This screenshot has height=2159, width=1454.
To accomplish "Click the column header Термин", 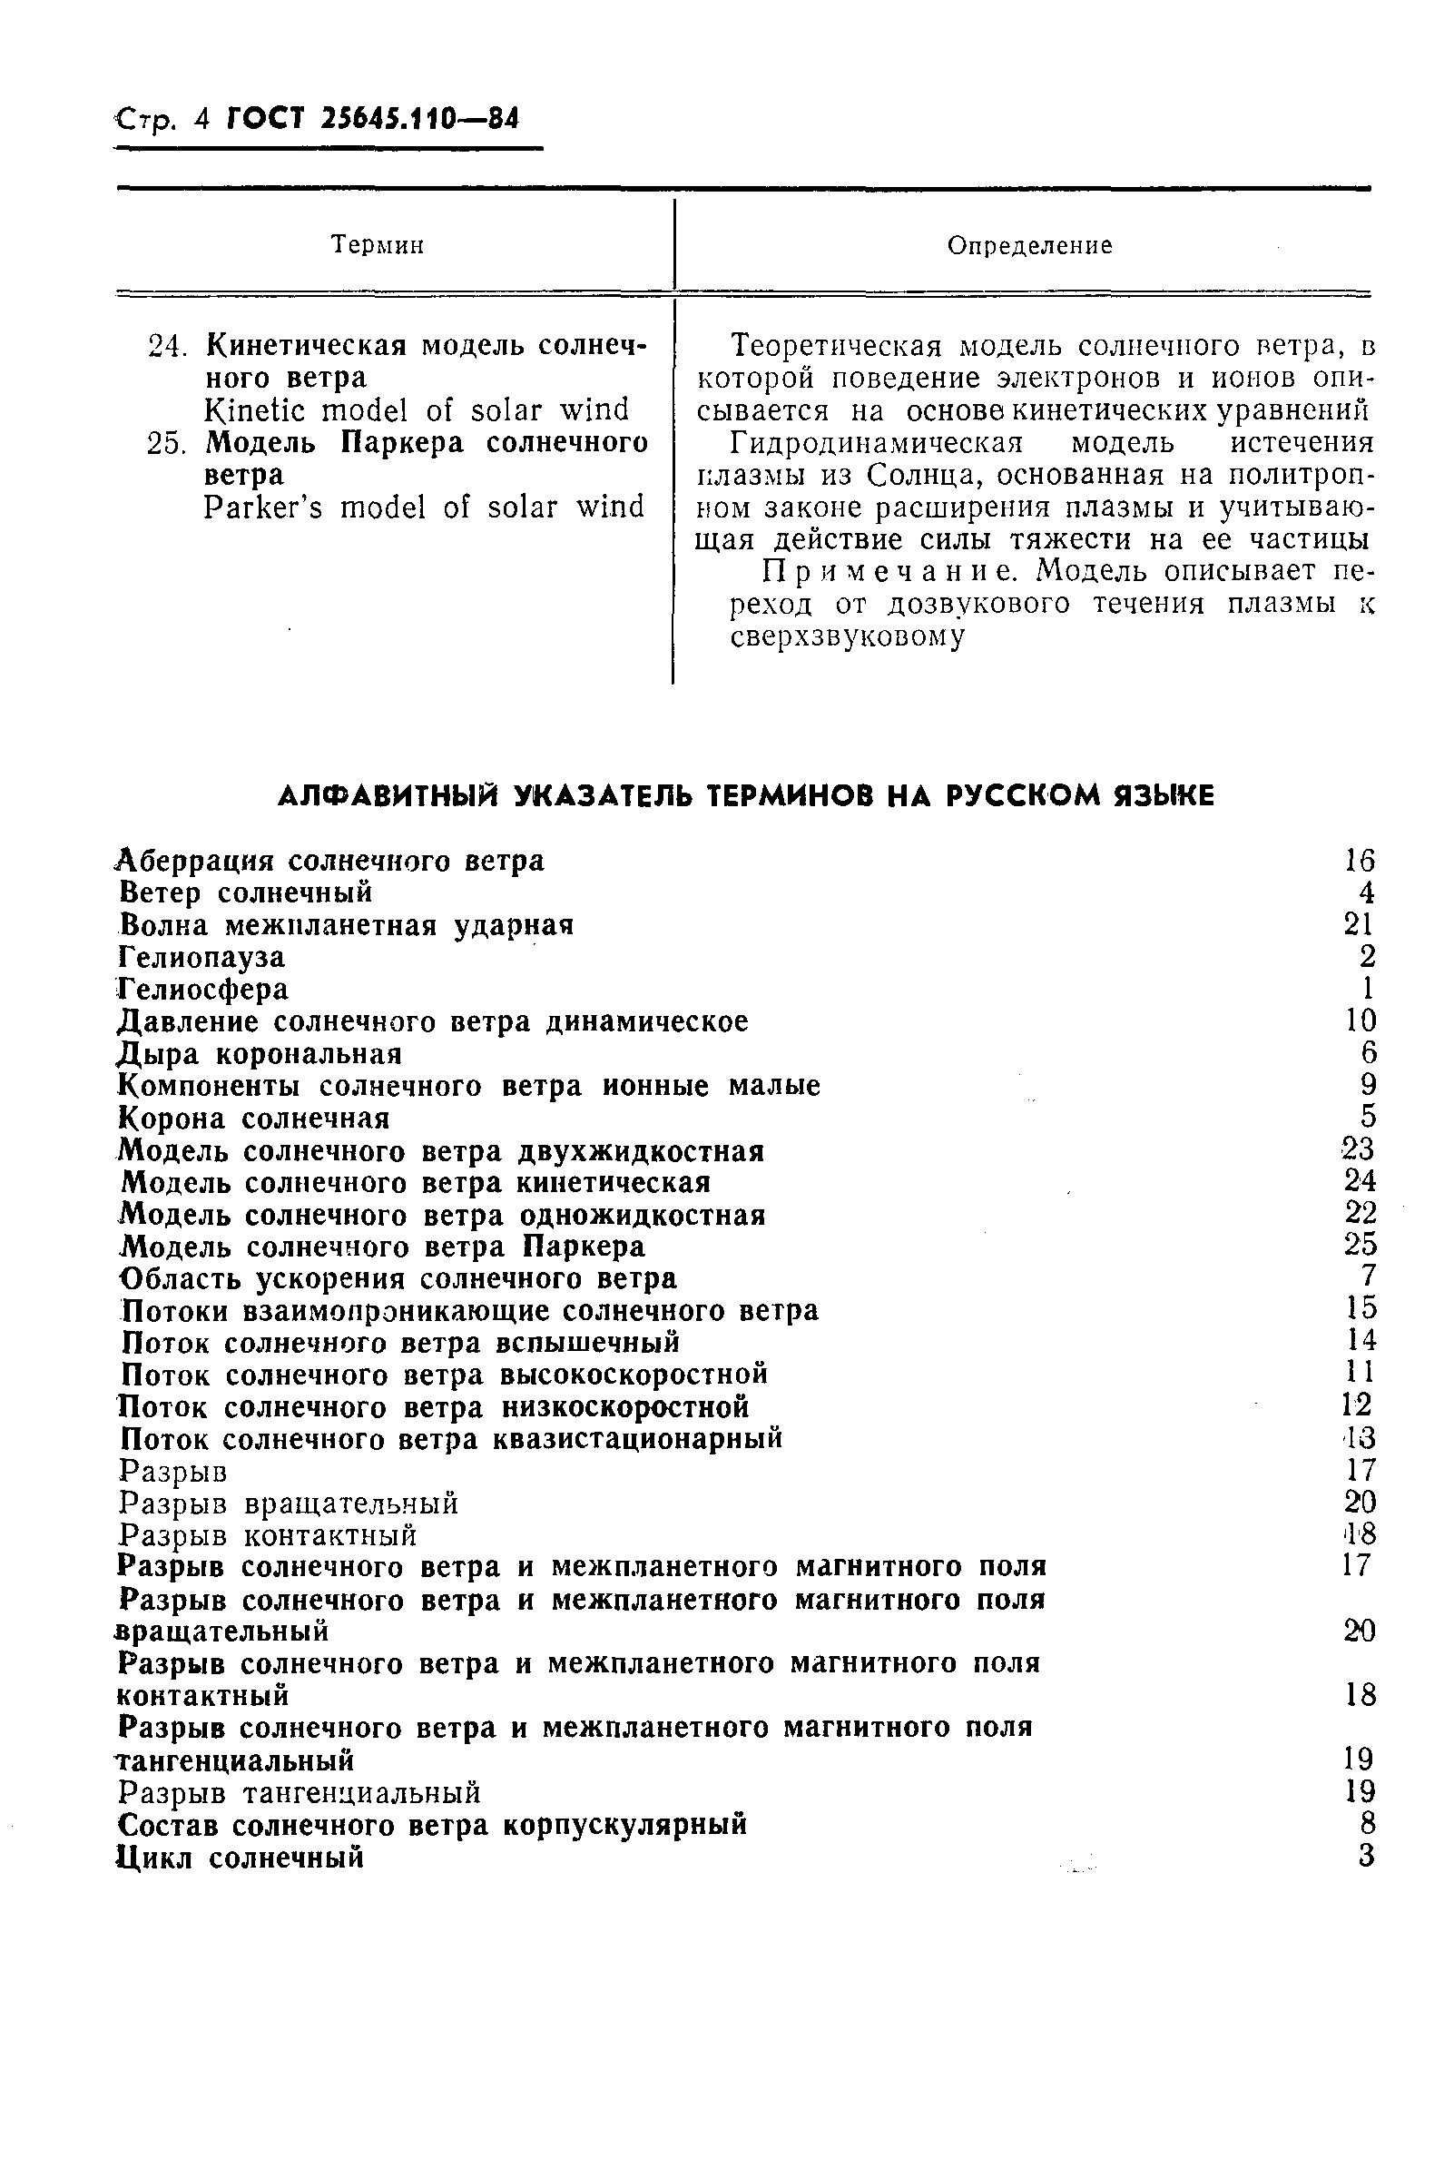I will [x=378, y=246].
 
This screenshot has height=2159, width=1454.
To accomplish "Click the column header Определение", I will [x=1029, y=246].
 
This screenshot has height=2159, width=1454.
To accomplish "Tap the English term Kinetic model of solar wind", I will [x=417, y=409].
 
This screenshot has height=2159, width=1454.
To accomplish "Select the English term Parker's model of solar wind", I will [x=424, y=508].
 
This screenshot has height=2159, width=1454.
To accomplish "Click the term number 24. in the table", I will [x=167, y=346].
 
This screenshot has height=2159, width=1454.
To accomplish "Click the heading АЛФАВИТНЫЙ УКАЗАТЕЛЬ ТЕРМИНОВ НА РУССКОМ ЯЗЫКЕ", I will [x=745, y=795].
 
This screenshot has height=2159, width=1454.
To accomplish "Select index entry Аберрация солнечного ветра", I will [x=331, y=862].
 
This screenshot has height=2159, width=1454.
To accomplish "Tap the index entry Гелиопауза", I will [x=202, y=957].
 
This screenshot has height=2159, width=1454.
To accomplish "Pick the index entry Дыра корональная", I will [x=260, y=1054].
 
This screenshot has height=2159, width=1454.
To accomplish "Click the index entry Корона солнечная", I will [x=254, y=1119].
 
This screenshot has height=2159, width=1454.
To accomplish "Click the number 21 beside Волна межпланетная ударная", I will [x=1359, y=924].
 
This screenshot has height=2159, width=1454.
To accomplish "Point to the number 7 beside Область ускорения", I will [x=1369, y=1277].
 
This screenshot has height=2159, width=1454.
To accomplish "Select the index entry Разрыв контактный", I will [x=268, y=1535].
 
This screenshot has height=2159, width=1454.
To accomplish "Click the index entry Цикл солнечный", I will [x=241, y=1858].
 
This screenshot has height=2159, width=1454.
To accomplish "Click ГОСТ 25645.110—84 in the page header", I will [x=372, y=120].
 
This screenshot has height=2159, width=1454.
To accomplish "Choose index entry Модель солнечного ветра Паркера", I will [x=383, y=1246].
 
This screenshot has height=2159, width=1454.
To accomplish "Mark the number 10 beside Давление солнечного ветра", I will [x=1361, y=1021].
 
